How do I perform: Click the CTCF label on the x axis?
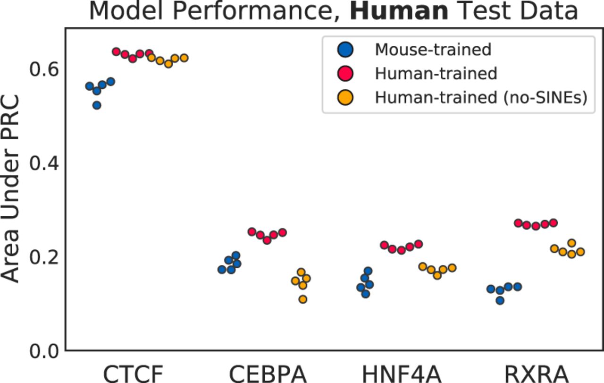coord(133,373)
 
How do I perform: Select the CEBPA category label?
coord(268,373)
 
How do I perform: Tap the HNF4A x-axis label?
coord(402,373)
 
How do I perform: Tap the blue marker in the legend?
coord(346,49)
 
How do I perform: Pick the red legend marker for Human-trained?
coord(346,73)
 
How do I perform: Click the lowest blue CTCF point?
coord(97,105)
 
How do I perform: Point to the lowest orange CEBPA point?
coord(303,299)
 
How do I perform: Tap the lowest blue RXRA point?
coord(500,300)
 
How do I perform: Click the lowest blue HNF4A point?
coord(365,294)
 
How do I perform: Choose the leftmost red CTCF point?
coord(116,51)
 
